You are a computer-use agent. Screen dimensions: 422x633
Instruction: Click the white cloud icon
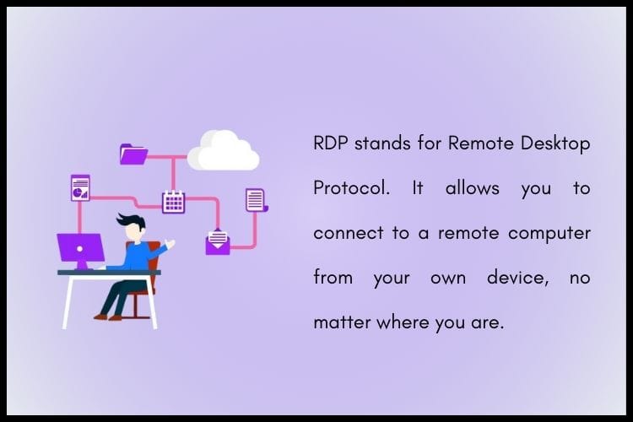coord(223,151)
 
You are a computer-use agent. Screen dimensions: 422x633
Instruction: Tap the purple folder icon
coord(133,154)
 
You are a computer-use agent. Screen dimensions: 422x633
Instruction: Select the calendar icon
coord(173,201)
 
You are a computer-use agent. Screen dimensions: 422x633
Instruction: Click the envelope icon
coord(218,241)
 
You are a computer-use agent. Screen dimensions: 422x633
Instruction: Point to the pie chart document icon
coord(80,187)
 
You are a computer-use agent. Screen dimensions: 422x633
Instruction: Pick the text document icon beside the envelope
coord(255,200)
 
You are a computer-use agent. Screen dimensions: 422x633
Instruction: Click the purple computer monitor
coord(81,249)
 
